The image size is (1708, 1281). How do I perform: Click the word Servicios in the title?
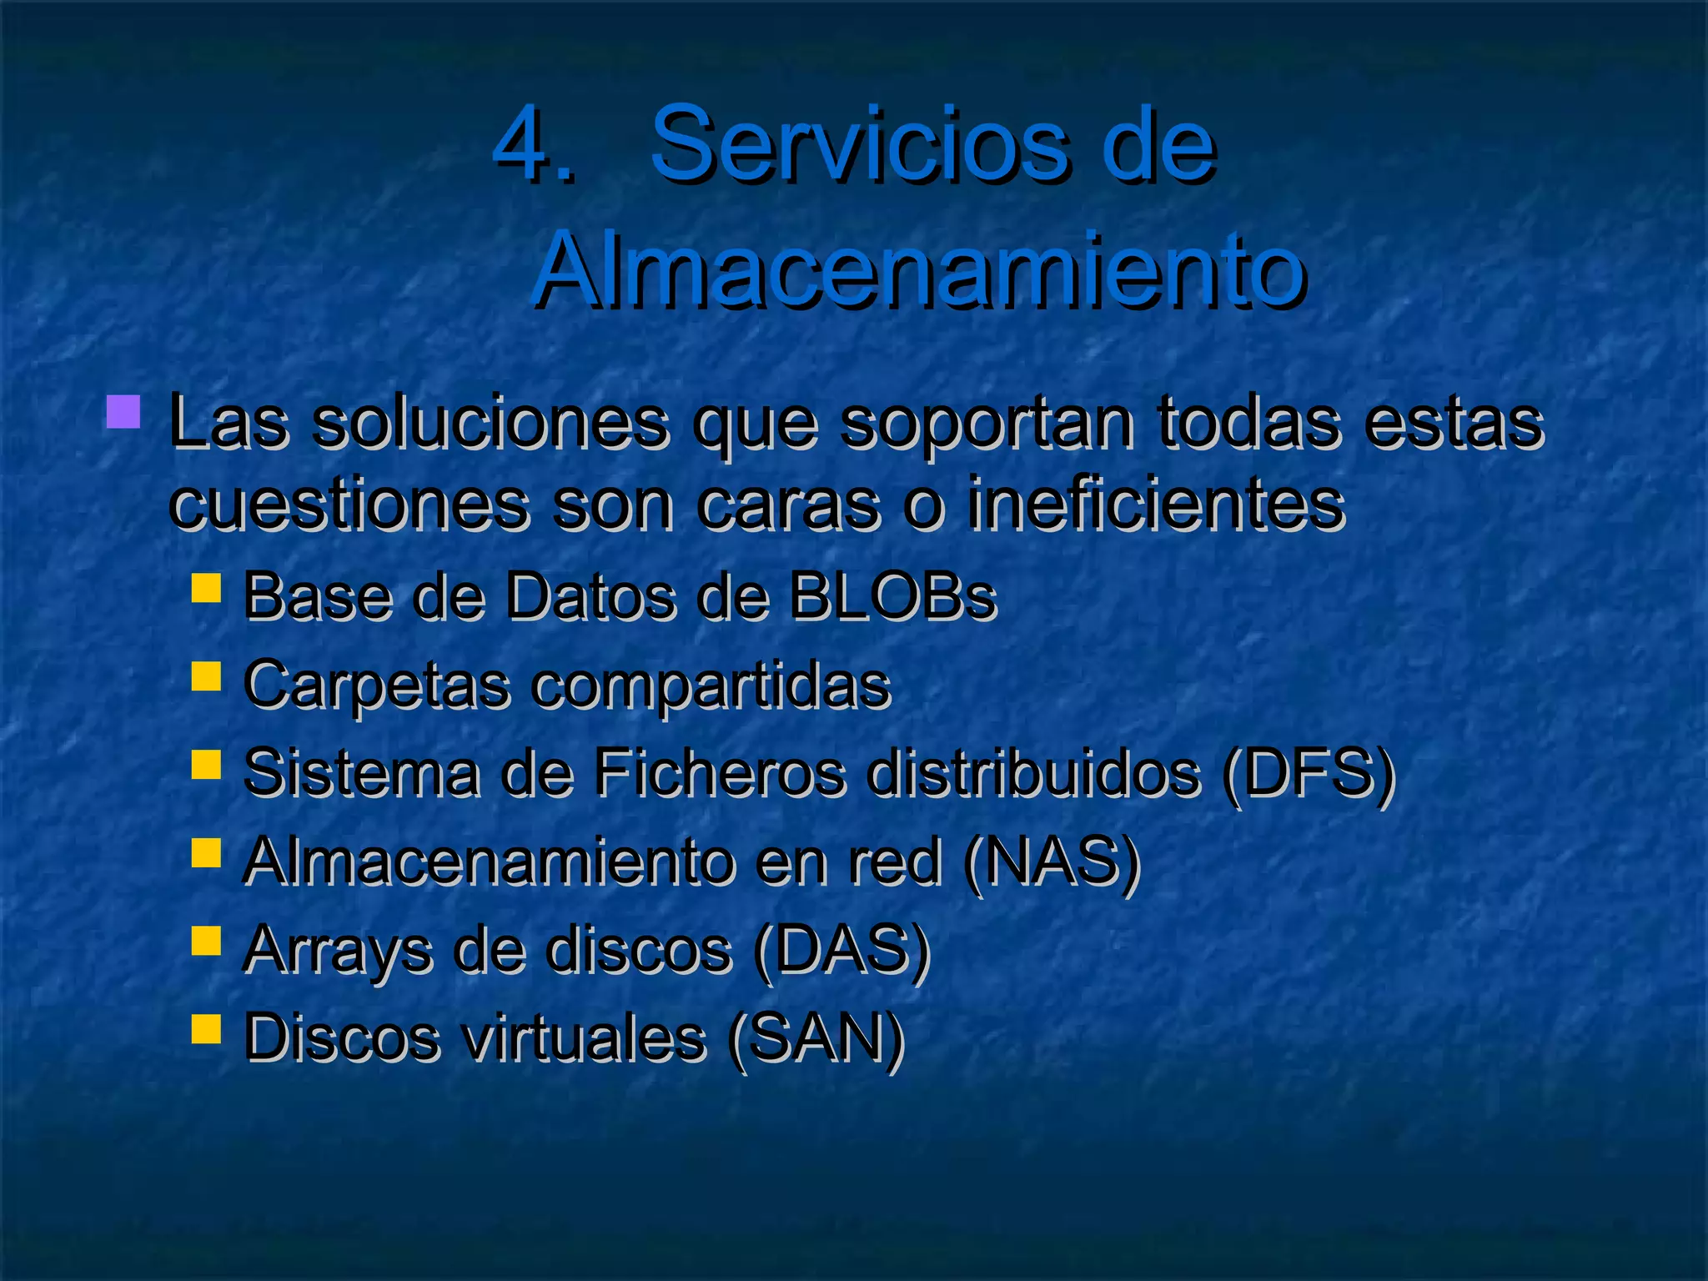pos(860,146)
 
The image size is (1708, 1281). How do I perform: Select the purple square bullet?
pos(123,412)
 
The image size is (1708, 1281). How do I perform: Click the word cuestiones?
pos(348,505)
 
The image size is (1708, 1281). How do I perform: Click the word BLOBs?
pos(892,597)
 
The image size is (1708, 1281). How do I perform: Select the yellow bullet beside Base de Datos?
pos(205,588)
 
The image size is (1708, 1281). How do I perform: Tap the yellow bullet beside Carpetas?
pos(205,676)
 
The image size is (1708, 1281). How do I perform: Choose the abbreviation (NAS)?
pos(1051,862)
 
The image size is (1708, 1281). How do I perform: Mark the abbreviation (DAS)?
pos(841,951)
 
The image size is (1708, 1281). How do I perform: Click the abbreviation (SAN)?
pos(816,1039)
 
